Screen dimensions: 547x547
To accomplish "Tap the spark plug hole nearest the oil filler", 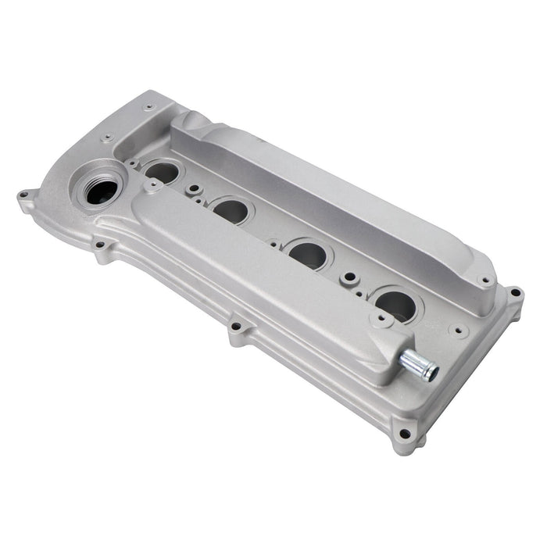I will coord(162,172).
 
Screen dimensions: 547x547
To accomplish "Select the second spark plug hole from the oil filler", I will coord(231,210).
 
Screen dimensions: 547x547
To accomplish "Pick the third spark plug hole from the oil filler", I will coord(309,253).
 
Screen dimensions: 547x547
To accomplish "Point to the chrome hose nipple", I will coord(419,364).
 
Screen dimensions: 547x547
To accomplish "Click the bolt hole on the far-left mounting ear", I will coord(24,195).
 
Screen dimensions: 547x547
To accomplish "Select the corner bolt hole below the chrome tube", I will coord(404,434).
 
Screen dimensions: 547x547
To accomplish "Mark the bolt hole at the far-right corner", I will coord(515,294).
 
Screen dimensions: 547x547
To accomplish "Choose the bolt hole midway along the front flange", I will coord(235,326).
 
